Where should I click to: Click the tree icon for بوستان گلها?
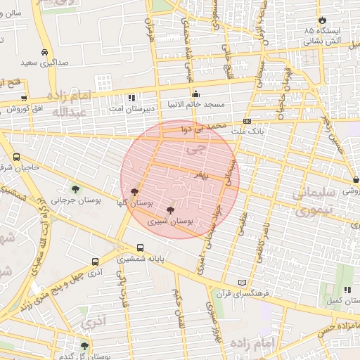click(134, 191)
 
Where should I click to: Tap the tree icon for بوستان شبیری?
click(170, 210)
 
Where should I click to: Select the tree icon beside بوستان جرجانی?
click(75, 188)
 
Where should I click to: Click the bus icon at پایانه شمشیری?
click(141, 247)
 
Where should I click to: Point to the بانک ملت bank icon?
click(247, 121)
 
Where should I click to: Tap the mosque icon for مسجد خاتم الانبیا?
click(195, 94)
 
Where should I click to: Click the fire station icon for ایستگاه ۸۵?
click(323, 20)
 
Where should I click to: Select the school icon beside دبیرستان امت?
click(131, 98)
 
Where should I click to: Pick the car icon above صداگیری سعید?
click(44, 52)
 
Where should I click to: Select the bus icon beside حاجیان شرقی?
click(16, 157)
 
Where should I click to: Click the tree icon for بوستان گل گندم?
click(84, 345)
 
